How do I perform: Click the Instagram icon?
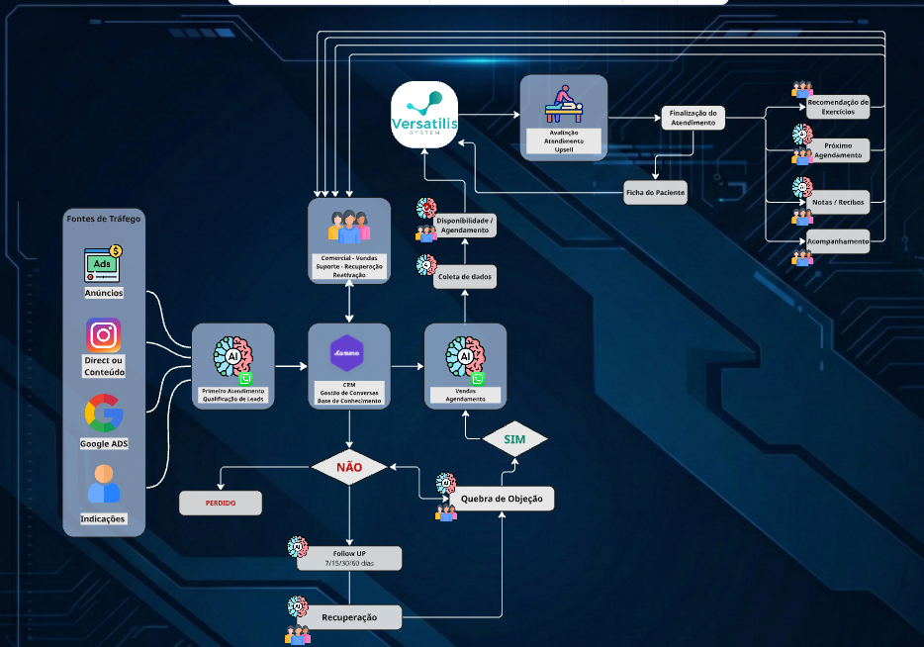[104, 335]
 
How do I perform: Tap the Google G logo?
[104, 414]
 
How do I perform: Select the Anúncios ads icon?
[103, 264]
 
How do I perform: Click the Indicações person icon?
[104, 486]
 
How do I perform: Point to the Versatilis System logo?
[424, 115]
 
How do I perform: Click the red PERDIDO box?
[221, 503]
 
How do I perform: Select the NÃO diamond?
[350, 466]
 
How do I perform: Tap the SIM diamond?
[514, 438]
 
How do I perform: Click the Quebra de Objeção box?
[502, 499]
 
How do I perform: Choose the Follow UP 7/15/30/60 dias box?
[350, 558]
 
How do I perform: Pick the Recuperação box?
[350, 617]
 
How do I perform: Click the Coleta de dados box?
[465, 276]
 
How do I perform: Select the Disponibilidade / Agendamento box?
[465, 225]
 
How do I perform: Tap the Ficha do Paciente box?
[655, 192]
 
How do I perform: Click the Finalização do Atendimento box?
[693, 117]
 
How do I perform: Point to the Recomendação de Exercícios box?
[838, 106]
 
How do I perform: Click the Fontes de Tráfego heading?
[104, 218]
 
